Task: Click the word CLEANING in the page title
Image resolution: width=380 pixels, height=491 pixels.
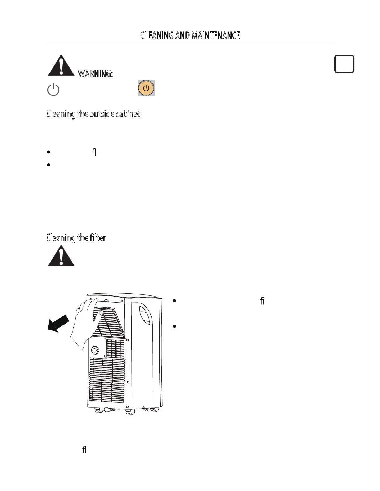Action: point(157,35)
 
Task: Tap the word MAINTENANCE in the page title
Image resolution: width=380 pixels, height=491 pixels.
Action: point(215,35)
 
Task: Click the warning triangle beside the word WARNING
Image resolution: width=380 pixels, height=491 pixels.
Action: point(61,65)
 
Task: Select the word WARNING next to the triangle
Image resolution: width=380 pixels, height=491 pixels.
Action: point(95,74)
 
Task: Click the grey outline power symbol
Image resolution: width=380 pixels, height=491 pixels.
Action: point(53,90)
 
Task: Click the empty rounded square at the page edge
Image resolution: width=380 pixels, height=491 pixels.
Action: point(344,64)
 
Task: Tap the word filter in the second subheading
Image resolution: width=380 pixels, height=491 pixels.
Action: point(97,238)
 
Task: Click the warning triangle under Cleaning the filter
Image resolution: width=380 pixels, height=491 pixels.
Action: point(61,256)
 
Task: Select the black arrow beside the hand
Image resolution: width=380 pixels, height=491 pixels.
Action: point(58,323)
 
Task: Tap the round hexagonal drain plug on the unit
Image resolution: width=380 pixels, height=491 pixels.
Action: point(95,350)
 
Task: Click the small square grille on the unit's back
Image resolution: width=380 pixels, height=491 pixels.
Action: point(115,349)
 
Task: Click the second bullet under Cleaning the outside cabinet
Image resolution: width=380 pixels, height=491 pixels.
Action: point(49,165)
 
